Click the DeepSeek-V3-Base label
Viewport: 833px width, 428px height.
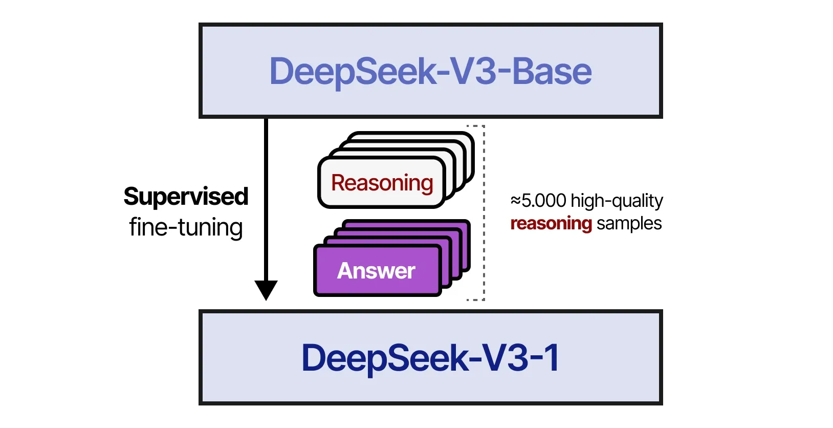430,71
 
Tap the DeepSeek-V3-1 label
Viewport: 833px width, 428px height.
430,357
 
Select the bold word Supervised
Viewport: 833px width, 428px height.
186,197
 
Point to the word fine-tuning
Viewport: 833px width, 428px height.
186,227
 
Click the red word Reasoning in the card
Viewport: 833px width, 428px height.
382,183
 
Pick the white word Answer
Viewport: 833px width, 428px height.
376,271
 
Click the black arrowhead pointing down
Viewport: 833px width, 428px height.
266,289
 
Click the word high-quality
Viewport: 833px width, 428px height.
617,201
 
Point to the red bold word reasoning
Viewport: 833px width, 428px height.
551,223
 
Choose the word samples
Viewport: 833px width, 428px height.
629,223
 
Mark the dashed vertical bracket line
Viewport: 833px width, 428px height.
484,212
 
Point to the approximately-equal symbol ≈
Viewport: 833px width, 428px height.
515,200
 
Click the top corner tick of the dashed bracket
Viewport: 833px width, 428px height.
476,126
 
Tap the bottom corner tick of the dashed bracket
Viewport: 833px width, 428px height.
476,299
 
